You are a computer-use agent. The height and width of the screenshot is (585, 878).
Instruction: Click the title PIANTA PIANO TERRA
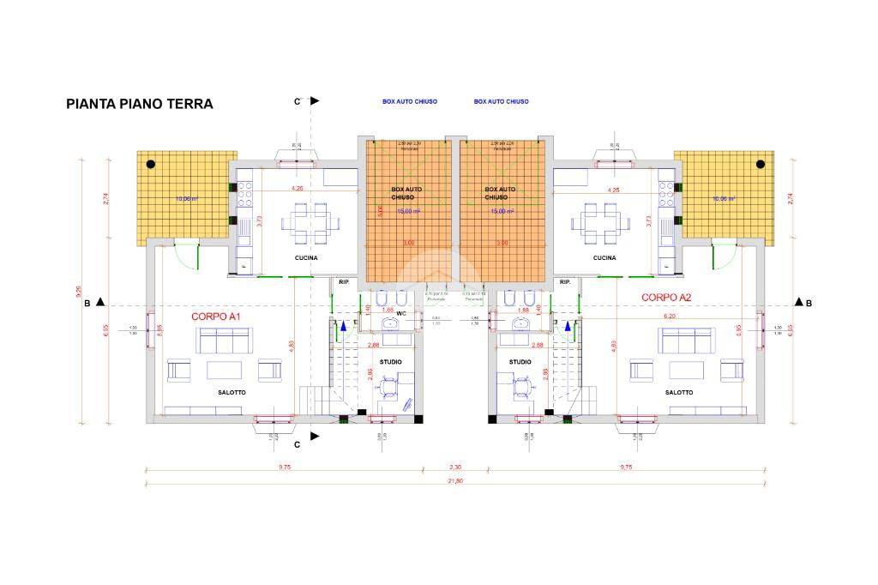click(x=140, y=104)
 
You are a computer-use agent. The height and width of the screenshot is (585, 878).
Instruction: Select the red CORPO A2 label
click(x=666, y=298)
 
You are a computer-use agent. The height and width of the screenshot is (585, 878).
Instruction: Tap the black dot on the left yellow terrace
click(x=150, y=163)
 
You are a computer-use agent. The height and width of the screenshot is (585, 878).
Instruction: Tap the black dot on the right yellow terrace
click(x=760, y=163)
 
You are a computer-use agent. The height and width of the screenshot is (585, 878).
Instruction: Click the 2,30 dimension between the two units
click(x=456, y=467)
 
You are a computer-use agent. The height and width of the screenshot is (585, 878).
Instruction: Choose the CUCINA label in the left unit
click(x=306, y=258)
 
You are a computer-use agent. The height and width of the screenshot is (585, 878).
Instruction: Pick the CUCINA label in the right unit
click(x=604, y=258)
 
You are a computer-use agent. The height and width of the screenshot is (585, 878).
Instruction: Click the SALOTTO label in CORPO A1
click(x=232, y=392)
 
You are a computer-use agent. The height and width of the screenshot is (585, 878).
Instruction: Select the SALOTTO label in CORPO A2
click(x=679, y=392)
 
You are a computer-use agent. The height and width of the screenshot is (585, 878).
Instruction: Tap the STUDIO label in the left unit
click(x=390, y=362)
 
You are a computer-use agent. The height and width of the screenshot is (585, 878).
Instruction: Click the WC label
click(x=400, y=313)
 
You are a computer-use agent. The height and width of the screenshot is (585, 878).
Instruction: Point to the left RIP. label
click(x=344, y=282)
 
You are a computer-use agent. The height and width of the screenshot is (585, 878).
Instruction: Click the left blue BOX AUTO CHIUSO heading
click(x=410, y=101)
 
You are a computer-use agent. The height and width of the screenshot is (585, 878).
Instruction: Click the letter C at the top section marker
click(x=298, y=101)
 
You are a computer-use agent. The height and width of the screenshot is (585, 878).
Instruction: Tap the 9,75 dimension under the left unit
click(x=285, y=467)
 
